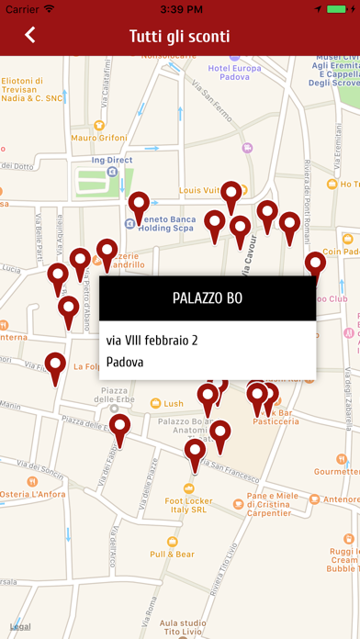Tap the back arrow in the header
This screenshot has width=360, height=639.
30,36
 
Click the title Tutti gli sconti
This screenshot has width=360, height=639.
179,36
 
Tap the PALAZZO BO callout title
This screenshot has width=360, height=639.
208,298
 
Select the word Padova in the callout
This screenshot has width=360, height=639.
125,362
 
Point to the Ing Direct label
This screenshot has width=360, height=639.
114,160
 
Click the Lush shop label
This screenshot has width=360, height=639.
174,403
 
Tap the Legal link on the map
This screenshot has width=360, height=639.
20,626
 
